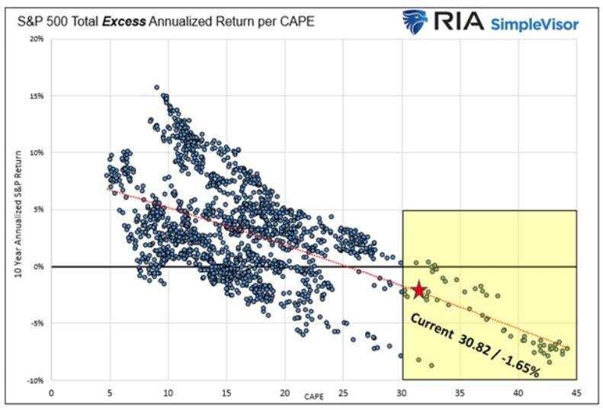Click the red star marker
[x=419, y=290]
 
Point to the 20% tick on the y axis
[x=36, y=38]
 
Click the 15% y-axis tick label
[x=36, y=96]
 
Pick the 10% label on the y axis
[x=36, y=152]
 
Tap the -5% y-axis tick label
[x=36, y=323]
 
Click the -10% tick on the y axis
[x=34, y=380]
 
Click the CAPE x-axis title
[x=314, y=396]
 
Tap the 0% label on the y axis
[x=37, y=267]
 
